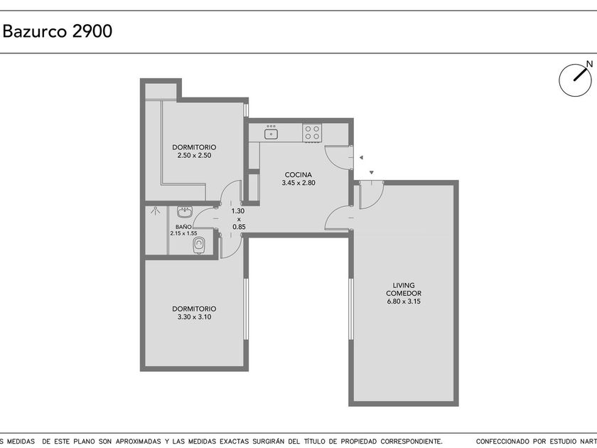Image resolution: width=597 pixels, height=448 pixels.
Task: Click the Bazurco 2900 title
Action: click(58, 31)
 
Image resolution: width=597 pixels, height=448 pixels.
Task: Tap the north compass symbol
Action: click(575, 80)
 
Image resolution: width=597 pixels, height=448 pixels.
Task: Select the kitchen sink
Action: click(271, 134)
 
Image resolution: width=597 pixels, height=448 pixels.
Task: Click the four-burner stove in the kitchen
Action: click(312, 133)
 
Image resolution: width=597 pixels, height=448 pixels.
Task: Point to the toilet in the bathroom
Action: click(199, 245)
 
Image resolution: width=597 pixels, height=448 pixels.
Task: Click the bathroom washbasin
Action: click(185, 212)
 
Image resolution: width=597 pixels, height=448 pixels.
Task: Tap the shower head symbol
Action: click(156, 210)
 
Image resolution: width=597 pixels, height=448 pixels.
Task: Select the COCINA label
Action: click(298, 175)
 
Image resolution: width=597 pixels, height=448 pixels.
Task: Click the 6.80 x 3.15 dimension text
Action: click(404, 302)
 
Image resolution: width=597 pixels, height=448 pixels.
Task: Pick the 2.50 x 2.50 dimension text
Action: click(194, 156)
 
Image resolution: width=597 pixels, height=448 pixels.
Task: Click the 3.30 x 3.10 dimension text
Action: click(194, 317)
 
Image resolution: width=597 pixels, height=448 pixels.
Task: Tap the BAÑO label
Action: click(183, 227)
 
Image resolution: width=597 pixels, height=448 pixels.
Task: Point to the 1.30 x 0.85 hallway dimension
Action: click(239, 219)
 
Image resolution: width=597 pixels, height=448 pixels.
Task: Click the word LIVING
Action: click(404, 285)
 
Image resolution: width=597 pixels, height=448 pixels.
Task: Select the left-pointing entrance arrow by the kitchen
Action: click(361, 157)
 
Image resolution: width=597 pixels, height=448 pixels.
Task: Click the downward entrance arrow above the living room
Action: click(372, 173)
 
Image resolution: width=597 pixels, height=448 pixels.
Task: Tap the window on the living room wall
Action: click(351, 309)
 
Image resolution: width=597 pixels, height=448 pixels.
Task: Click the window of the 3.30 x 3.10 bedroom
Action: click(246, 309)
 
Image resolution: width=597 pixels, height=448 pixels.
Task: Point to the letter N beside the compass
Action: click(589, 64)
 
